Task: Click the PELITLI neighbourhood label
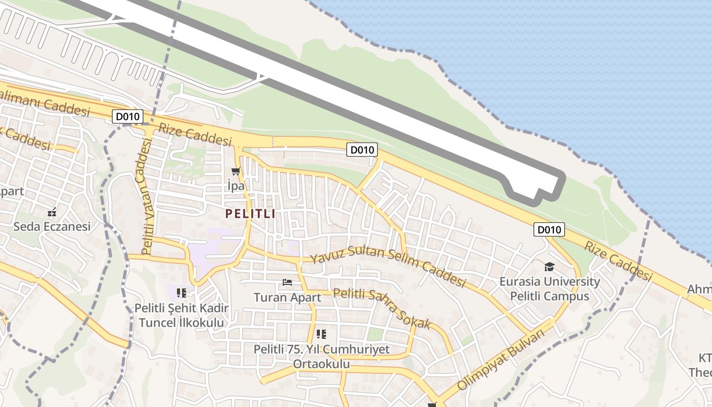coord(250,214)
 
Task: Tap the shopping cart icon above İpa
coord(235,171)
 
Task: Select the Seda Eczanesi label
coord(52,226)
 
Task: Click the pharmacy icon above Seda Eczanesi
coord(52,211)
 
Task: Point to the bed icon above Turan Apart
coord(287,282)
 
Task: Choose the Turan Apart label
coord(287,297)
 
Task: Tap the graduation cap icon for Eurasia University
coord(549,267)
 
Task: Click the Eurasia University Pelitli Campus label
coord(549,289)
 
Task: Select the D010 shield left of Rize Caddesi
coord(127,117)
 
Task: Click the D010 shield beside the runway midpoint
coord(362,150)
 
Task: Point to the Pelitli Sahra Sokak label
coord(382,308)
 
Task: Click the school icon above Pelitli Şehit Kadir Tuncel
coord(182,293)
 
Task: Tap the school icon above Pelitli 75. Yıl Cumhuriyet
coord(321,334)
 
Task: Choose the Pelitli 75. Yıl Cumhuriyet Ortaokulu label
coord(321,357)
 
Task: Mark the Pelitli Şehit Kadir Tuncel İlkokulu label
coord(182,315)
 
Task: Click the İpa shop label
coord(236,186)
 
